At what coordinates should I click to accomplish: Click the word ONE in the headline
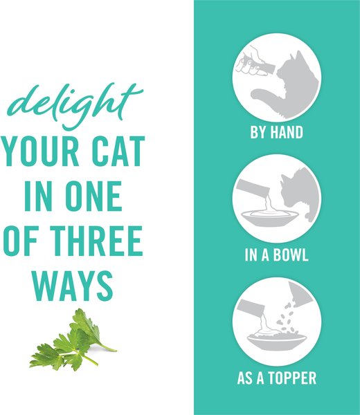[x=96, y=196]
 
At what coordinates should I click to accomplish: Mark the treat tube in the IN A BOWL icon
[x=250, y=189]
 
